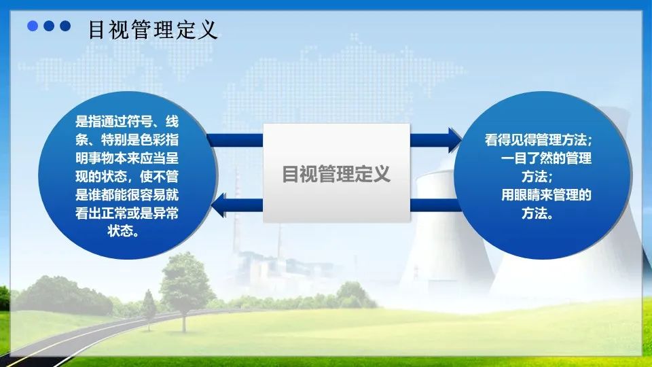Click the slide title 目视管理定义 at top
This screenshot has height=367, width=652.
[153, 30]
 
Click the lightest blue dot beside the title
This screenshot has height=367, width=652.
[33, 26]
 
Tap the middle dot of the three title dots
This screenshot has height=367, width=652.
[49, 26]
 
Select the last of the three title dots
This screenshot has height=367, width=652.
[65, 26]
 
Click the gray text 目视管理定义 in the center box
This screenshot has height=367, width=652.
[336, 174]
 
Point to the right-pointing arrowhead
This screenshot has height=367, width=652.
[455, 140]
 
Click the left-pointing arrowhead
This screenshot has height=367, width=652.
[219, 205]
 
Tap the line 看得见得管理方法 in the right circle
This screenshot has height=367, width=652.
[538, 139]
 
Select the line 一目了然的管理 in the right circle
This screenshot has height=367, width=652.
[546, 158]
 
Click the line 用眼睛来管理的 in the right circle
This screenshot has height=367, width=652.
[546, 195]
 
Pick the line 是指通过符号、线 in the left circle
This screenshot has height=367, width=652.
[127, 122]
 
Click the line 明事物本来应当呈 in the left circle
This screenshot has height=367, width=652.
[127, 158]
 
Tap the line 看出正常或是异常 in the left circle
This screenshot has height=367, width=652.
[127, 213]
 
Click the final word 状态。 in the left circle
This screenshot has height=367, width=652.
[124, 231]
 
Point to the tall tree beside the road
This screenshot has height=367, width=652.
[185, 287]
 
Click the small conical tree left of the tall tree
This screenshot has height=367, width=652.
[149, 308]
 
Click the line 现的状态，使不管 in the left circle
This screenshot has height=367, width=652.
[127, 177]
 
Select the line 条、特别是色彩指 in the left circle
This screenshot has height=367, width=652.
[127, 140]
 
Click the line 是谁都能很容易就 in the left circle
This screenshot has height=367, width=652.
[127, 195]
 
